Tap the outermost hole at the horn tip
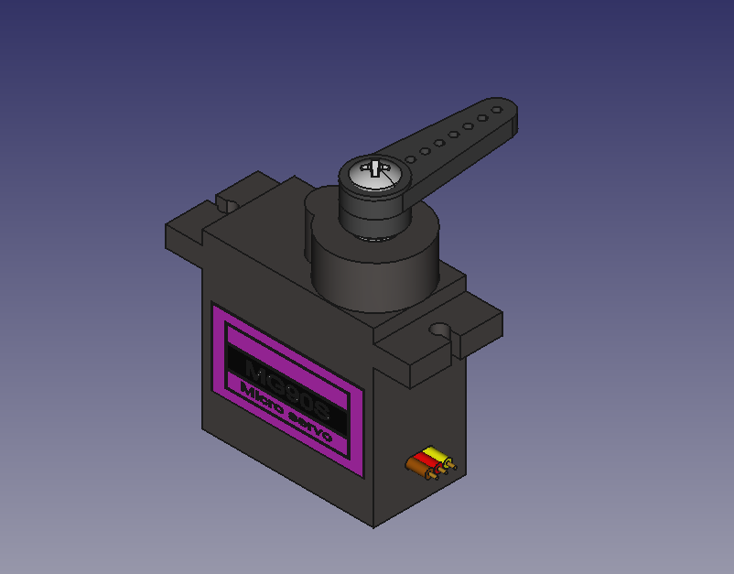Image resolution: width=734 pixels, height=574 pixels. pos(496,110)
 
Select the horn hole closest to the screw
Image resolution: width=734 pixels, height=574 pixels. pos(411,159)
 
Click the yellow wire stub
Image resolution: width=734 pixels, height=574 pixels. pos(435,454)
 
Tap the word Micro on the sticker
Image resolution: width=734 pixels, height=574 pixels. pos(261,400)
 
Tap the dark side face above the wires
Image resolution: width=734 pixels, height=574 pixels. pos(421,412)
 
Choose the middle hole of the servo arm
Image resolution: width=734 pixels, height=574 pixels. pos(454,135)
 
